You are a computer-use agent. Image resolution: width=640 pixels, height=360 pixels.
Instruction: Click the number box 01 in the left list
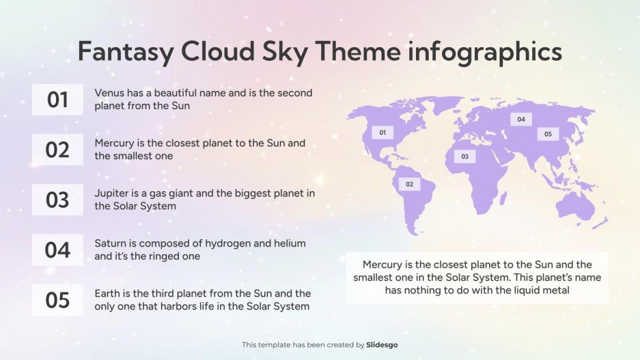[x=57, y=100]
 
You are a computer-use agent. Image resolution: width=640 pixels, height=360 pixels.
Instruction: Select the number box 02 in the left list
[x=57, y=150]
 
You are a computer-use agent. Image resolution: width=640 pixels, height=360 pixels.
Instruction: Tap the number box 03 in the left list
[x=57, y=199]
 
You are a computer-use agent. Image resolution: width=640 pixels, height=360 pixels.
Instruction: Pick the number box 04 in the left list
[x=57, y=250]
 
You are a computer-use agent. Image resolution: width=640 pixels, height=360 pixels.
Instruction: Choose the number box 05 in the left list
[x=57, y=300]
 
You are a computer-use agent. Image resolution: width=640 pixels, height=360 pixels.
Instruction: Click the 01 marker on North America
[x=382, y=133]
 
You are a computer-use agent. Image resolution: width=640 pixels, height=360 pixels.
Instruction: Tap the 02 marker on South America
[x=409, y=184]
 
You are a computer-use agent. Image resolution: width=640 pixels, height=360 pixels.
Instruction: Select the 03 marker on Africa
[x=464, y=156]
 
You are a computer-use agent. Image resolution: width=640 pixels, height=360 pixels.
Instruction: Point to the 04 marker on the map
[x=521, y=120]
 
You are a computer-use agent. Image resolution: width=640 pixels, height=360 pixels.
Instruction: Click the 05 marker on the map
[x=548, y=134]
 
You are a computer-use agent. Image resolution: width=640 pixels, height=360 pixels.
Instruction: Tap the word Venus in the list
[x=109, y=92]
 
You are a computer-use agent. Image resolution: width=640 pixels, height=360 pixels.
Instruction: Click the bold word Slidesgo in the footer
[x=382, y=345]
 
